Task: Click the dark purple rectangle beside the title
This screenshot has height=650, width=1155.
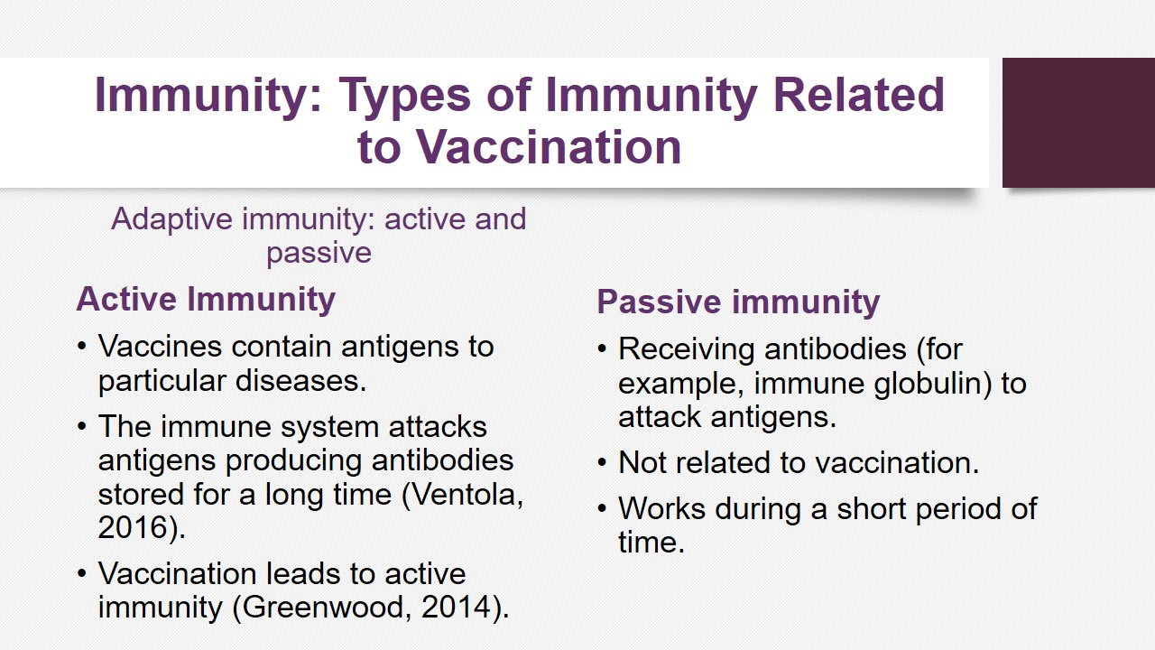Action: [1078, 123]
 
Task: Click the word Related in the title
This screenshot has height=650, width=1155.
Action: [858, 95]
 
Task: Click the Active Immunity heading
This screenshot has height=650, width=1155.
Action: [206, 300]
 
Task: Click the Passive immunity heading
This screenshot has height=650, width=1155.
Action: [738, 302]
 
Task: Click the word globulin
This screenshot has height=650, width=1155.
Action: [932, 384]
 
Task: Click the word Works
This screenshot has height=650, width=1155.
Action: [661, 509]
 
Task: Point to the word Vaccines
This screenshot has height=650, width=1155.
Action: [160, 346]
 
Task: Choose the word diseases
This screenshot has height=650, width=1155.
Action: [300, 381]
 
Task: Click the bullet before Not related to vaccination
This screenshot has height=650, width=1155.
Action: [602, 463]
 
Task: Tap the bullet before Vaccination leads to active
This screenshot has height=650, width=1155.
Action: [81, 573]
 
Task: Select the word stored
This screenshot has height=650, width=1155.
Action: [141, 495]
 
